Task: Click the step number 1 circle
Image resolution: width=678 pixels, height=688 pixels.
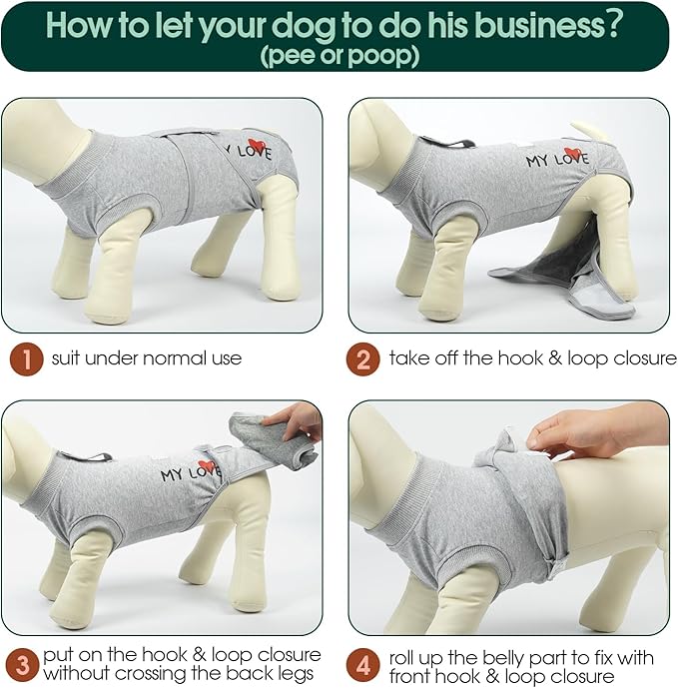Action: [25, 357]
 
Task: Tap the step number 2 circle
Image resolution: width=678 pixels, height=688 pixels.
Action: [363, 357]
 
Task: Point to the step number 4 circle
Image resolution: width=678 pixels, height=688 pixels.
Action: [363, 664]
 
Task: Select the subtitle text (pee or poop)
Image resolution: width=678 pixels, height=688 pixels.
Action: [339, 56]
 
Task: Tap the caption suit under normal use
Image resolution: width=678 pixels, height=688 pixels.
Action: [147, 357]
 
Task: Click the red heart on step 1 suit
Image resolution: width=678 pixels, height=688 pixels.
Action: [257, 146]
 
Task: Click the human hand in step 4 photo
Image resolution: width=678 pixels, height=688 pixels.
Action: [589, 429]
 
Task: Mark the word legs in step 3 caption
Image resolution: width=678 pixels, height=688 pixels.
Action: [299, 673]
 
